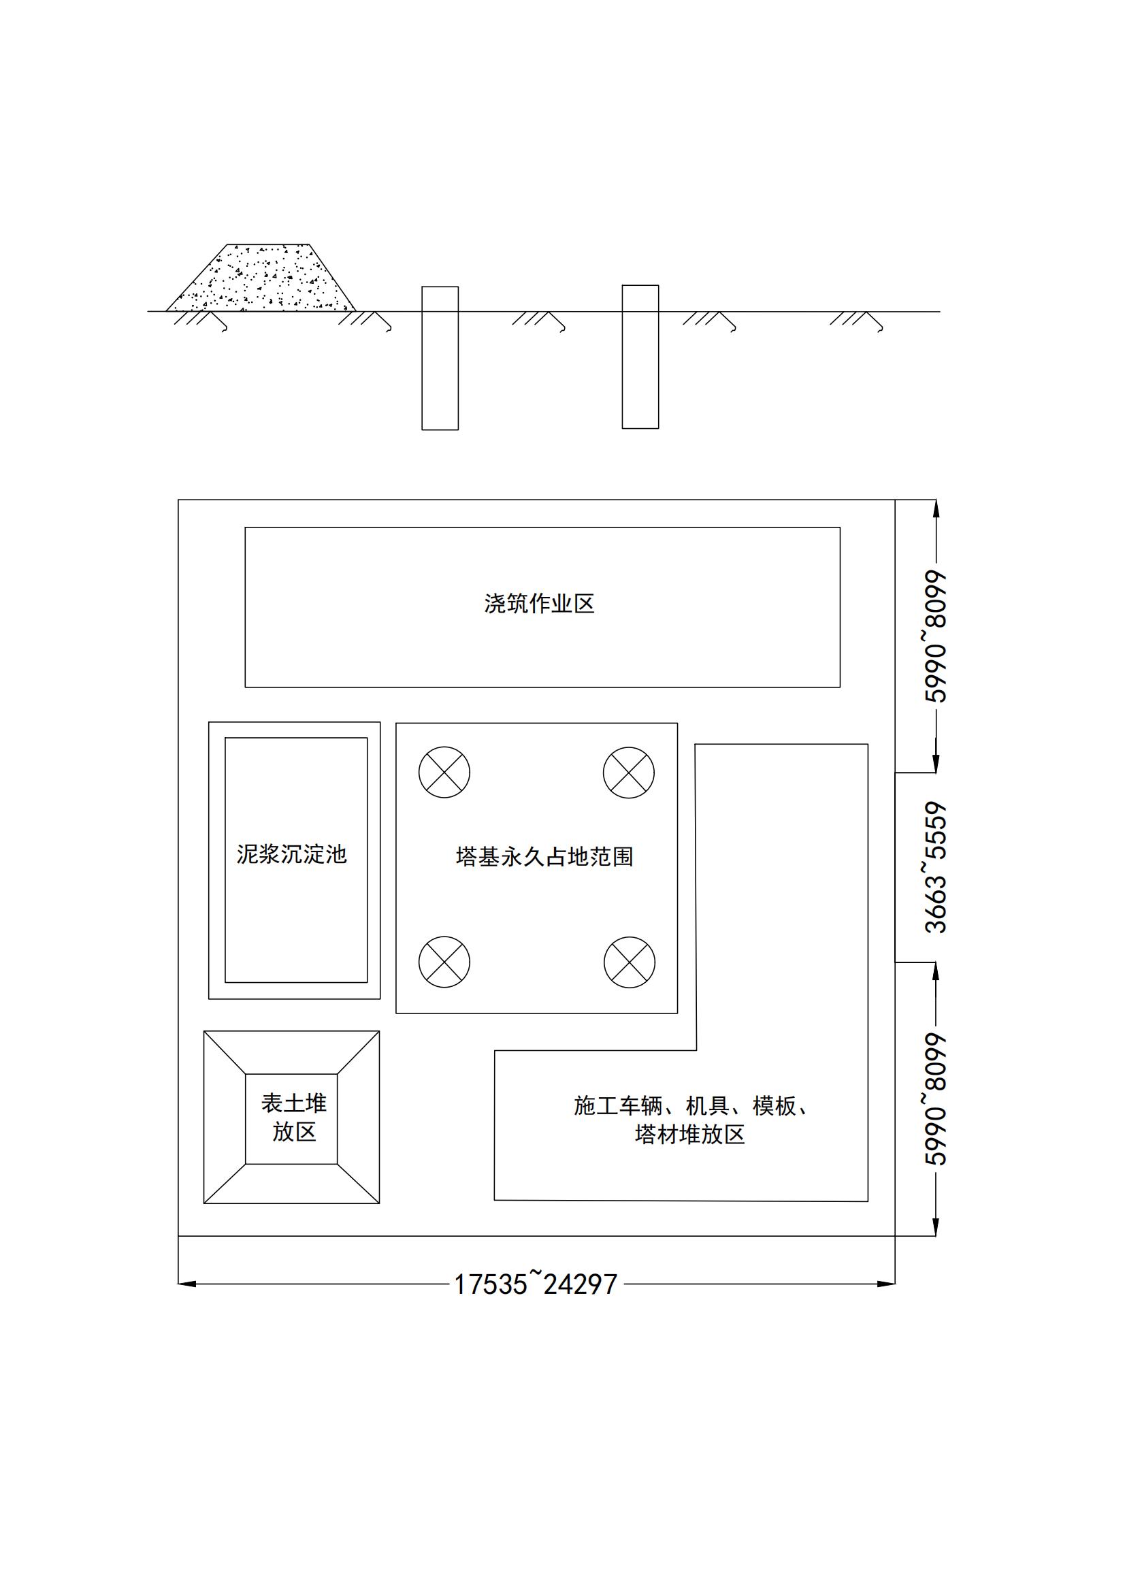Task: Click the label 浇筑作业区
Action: [x=539, y=604]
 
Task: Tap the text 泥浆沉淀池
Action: [x=292, y=854]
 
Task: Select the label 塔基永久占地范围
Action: [x=545, y=857]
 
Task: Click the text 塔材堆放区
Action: [x=689, y=1135]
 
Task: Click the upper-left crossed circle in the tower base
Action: [x=444, y=773]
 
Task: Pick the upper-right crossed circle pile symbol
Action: [x=629, y=773]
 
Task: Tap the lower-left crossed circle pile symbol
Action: [x=444, y=962]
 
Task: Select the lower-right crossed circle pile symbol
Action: [x=630, y=962]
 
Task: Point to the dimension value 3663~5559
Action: [x=936, y=867]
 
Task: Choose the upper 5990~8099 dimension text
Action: [x=936, y=636]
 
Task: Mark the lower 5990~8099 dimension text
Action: [x=936, y=1099]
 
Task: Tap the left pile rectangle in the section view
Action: [x=440, y=359]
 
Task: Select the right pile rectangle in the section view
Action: [x=640, y=357]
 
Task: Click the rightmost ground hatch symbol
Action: [x=857, y=321]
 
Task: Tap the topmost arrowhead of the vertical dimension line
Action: [x=936, y=508]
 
